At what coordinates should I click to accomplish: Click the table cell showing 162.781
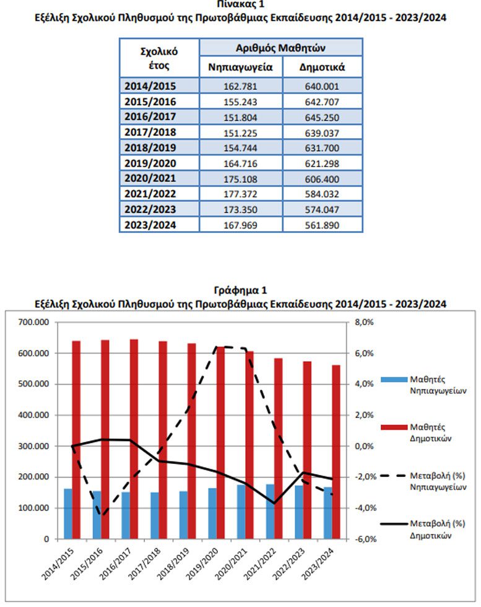[241, 86]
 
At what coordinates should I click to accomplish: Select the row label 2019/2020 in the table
[150, 163]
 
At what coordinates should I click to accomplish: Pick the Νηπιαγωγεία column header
[241, 66]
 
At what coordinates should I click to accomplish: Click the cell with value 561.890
[323, 225]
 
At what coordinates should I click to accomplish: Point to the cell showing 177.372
[241, 194]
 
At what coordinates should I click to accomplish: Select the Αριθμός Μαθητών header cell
[281, 47]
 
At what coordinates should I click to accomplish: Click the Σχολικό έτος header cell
[159, 58]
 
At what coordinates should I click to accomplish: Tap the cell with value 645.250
[323, 117]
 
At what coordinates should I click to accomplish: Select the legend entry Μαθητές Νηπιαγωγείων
[427, 385]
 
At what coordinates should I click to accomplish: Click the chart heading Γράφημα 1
[240, 290]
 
